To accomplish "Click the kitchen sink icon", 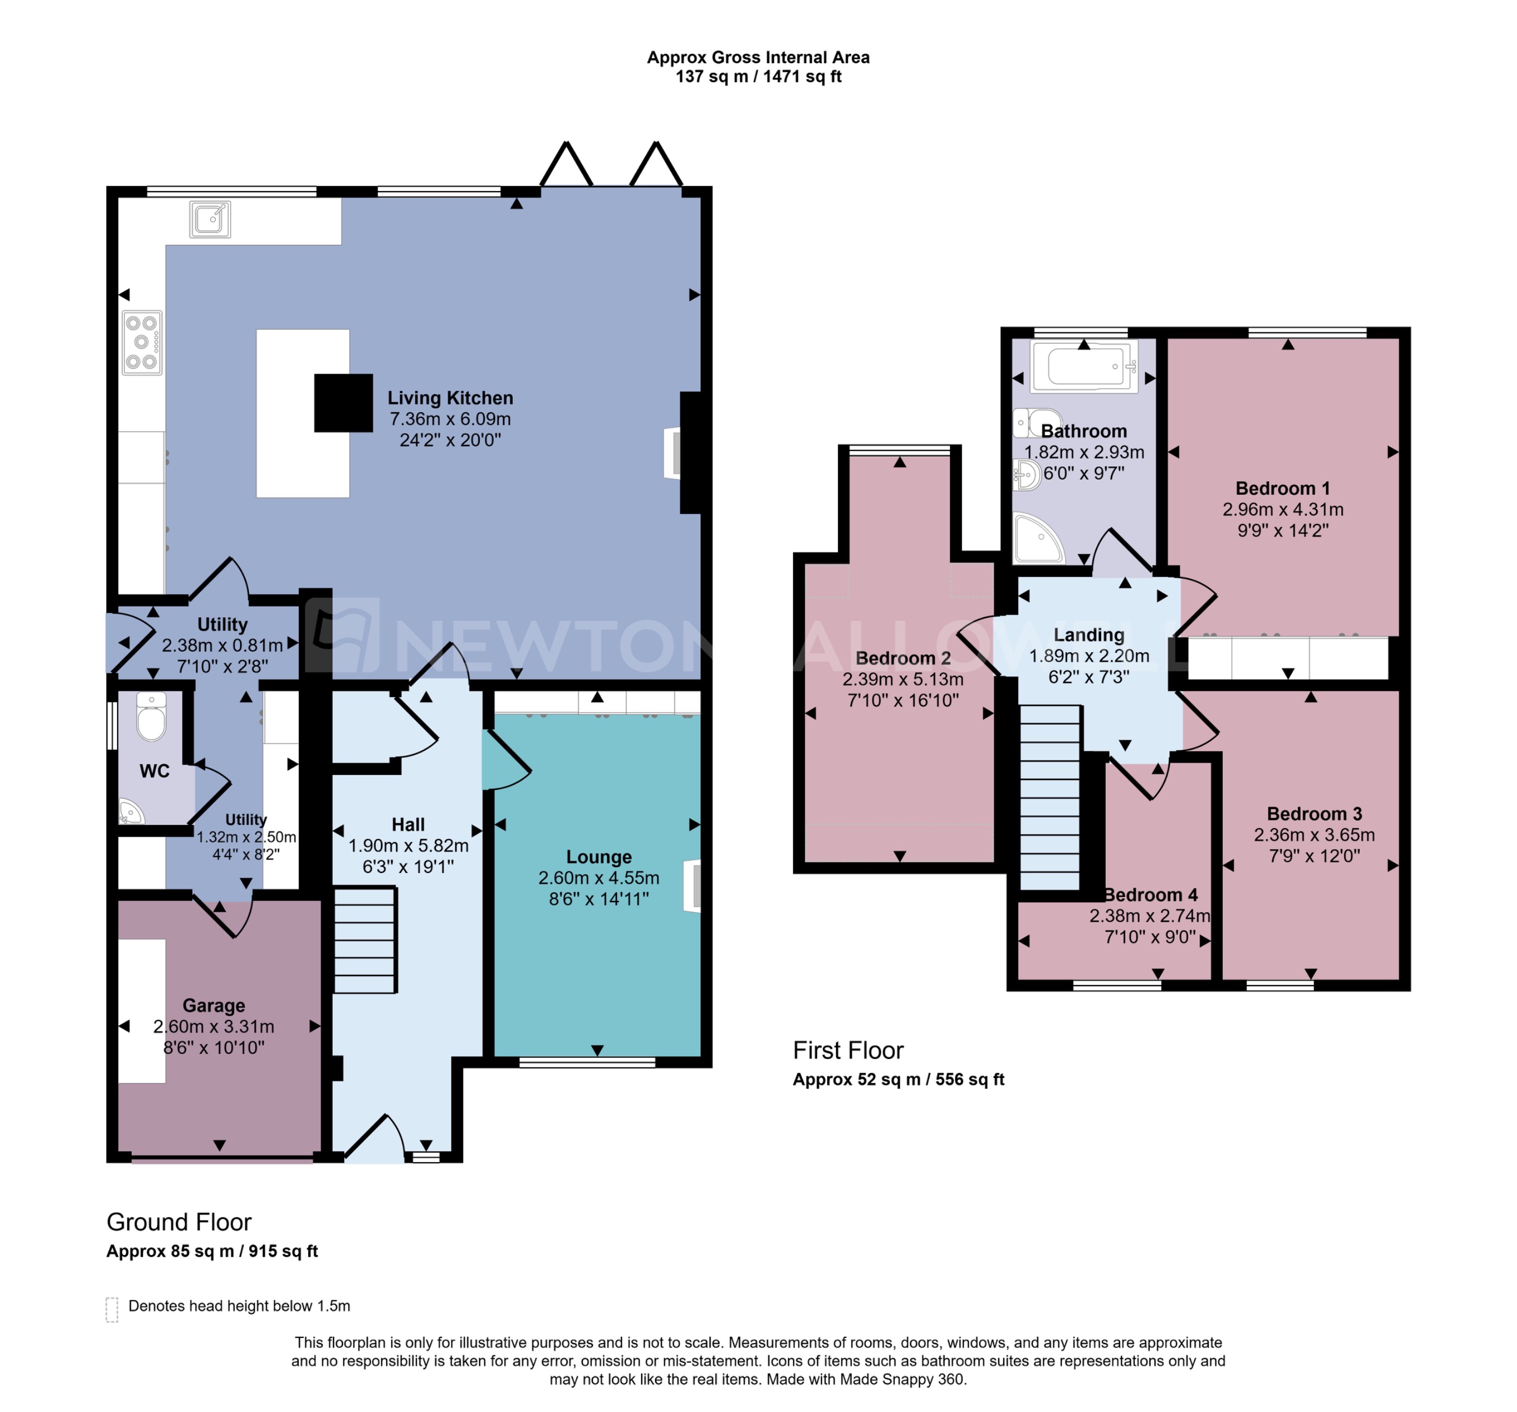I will click(210, 220).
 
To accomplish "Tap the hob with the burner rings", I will click(142, 342).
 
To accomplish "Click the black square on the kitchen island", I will click(344, 403).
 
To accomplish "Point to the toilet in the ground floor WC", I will click(151, 718).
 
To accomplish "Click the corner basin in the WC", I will click(131, 812).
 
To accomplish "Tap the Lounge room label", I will click(599, 857).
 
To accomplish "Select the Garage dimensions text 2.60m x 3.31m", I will click(214, 1027).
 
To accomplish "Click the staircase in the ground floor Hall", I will click(365, 940).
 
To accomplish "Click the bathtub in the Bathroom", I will click(1084, 367).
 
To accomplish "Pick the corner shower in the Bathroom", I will click(1038, 538).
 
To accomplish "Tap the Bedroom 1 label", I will click(1283, 488).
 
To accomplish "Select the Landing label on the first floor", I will click(1089, 635).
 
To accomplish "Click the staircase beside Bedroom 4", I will click(1050, 798).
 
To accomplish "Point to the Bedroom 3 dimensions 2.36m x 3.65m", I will click(1314, 834).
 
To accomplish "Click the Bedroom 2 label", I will click(903, 658).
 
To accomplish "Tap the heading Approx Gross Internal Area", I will click(758, 57).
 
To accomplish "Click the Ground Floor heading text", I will click(179, 1222).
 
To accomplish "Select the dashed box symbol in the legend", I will click(112, 1309).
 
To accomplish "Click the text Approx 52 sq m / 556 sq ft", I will click(898, 1079).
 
